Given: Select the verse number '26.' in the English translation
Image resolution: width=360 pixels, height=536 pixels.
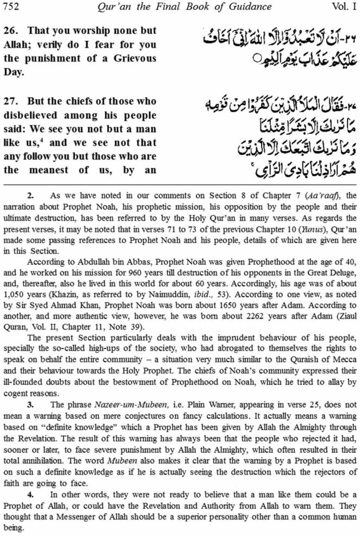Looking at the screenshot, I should click(x=11, y=31).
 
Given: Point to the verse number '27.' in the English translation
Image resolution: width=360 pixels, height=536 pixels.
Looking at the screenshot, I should click(x=11, y=101).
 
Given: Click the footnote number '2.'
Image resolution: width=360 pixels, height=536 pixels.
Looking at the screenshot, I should click(x=31, y=195).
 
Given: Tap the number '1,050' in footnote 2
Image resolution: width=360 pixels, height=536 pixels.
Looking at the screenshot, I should click(x=14, y=294).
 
